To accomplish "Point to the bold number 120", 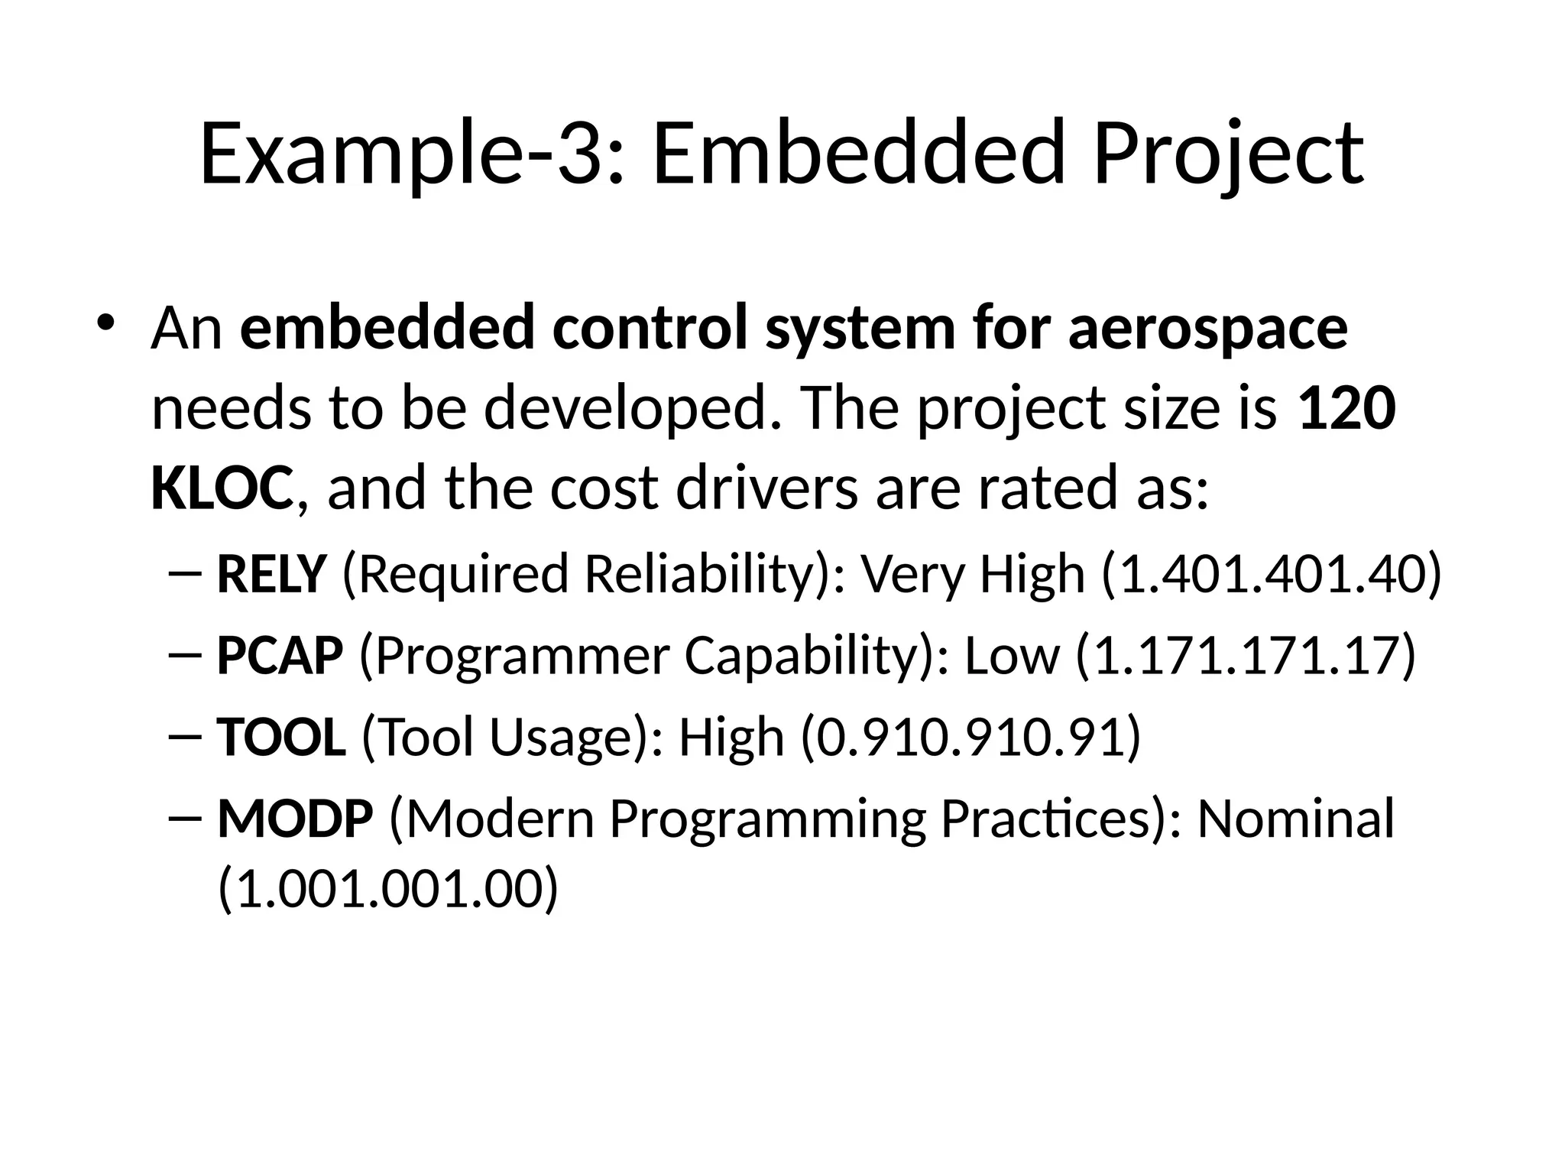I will point(1347,409).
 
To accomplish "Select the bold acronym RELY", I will point(272,574).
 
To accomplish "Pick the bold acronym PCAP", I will point(280,656).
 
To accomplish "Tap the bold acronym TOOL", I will point(281,738).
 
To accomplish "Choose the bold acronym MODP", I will point(295,819).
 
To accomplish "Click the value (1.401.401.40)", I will point(1271,575).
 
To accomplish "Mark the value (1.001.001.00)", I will point(388,890).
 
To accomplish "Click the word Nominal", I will point(1295,819).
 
